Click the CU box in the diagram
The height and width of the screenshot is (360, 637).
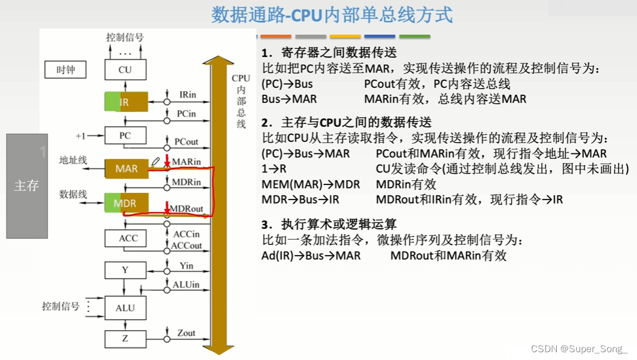click(x=125, y=69)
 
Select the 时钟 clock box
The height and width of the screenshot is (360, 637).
click(x=66, y=69)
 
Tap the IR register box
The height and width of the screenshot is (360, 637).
click(x=125, y=102)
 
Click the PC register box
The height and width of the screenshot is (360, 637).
click(x=125, y=135)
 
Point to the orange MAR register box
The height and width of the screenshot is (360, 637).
click(x=126, y=169)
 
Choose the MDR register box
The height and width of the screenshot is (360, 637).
click(x=125, y=204)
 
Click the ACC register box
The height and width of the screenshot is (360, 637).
click(x=125, y=238)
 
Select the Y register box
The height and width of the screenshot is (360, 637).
click(x=125, y=270)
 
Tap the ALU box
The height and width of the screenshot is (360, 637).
click(x=125, y=308)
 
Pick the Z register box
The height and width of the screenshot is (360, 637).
click(x=125, y=338)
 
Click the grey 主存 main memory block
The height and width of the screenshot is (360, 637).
click(x=27, y=186)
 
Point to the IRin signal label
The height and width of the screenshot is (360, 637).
click(x=187, y=95)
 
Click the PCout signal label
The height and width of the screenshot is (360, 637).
click(x=186, y=142)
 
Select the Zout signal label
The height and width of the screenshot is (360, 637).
click(x=186, y=333)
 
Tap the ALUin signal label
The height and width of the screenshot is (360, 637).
click(x=186, y=285)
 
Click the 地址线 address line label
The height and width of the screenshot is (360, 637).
click(x=73, y=160)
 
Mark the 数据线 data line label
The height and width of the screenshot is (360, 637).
click(x=73, y=194)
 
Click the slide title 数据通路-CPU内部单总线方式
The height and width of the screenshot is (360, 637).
click(x=332, y=15)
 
